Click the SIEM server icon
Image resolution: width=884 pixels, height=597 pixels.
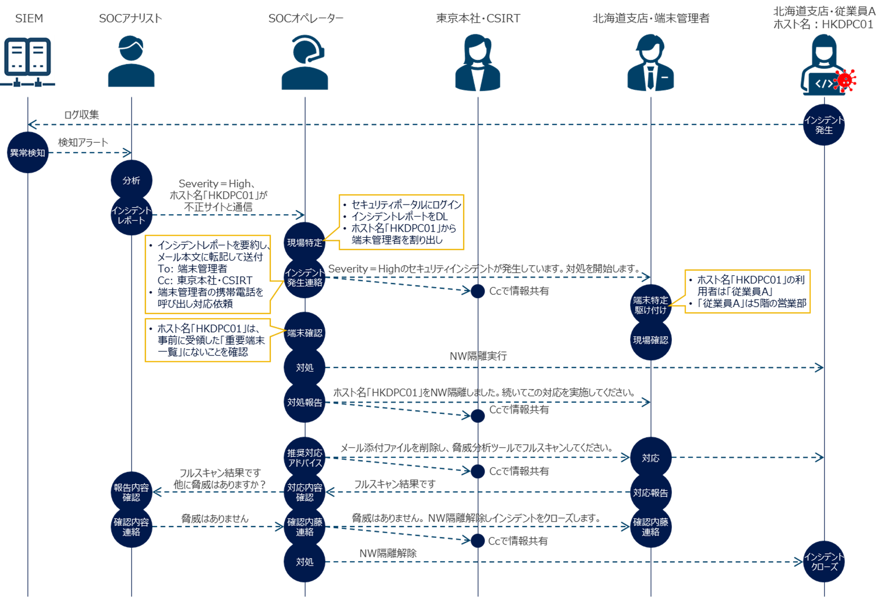click(27, 62)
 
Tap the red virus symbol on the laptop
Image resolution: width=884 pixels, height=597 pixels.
click(845, 80)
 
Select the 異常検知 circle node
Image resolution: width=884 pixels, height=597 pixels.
click(27, 153)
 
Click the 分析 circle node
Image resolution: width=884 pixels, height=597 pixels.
click(131, 180)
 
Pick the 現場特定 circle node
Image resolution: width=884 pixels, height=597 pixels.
click(304, 243)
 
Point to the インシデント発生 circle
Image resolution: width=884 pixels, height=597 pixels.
click(824, 125)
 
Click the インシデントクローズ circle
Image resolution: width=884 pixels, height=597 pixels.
click(824, 562)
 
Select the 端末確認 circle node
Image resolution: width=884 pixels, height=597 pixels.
click(304, 333)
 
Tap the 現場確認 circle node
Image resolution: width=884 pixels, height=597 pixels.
click(651, 340)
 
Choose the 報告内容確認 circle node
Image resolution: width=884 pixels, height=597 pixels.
click(131, 492)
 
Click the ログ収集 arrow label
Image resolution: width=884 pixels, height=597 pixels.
click(82, 115)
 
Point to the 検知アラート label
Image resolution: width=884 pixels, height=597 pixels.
click(83, 142)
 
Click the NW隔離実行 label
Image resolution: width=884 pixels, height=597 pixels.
click(478, 356)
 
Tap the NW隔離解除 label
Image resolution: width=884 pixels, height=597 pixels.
click(388, 553)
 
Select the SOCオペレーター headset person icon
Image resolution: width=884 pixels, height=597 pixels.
click(305, 63)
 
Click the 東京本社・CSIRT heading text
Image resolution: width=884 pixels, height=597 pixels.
click(478, 18)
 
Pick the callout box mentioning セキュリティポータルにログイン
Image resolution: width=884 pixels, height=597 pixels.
click(401, 222)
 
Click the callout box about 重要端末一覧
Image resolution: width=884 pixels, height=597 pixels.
click(208, 340)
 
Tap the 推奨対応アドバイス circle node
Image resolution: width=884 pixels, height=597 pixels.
click(304, 458)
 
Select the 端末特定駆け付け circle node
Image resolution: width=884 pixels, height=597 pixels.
click(651, 305)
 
